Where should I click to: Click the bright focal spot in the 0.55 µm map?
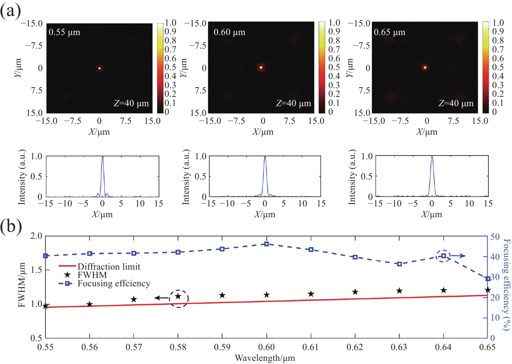point(100,68)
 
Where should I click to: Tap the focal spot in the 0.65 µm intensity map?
point(425,67)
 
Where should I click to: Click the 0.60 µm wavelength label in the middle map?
point(229,32)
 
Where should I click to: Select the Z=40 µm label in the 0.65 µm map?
point(456,103)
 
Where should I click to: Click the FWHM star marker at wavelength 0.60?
point(266,295)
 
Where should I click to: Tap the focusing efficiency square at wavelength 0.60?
point(266,244)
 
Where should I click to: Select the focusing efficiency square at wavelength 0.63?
point(399,264)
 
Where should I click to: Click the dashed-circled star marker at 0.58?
point(178,296)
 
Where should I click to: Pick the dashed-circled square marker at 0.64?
point(443,256)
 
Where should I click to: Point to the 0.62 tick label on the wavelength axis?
point(355,347)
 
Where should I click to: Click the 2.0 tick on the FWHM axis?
point(36,236)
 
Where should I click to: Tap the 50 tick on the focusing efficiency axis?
point(495,237)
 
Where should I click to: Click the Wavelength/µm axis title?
point(265,358)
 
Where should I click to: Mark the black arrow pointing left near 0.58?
point(161,298)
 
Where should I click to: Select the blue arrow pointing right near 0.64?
point(458,256)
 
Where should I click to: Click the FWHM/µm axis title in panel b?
point(22,285)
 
